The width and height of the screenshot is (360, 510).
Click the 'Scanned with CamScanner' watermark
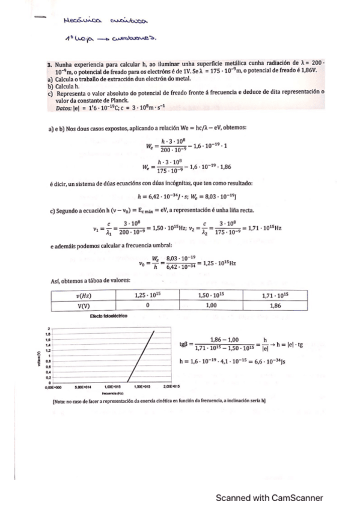(270, 497)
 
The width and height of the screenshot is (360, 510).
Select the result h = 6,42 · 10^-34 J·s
(162, 195)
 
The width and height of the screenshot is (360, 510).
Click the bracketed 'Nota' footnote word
(59, 399)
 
